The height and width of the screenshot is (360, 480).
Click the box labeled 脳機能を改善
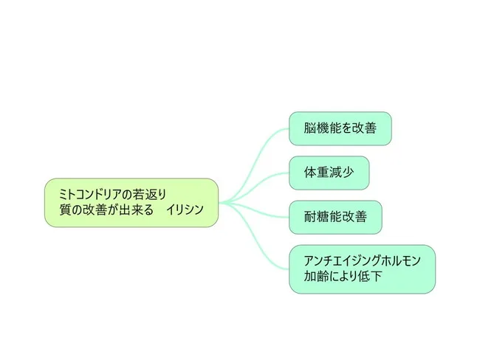[x=340, y=128]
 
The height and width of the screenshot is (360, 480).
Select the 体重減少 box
[x=329, y=173]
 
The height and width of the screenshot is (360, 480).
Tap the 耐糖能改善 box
[x=335, y=217]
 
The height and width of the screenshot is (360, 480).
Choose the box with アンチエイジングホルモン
[x=362, y=269]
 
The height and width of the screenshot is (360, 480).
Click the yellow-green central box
[x=131, y=202]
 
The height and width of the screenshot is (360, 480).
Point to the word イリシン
[x=185, y=210]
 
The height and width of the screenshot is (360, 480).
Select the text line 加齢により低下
[x=343, y=276]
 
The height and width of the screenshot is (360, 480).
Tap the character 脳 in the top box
[x=309, y=128]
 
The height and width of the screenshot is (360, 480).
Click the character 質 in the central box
[x=65, y=210]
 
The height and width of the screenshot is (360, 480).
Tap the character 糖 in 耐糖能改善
[x=323, y=217]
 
